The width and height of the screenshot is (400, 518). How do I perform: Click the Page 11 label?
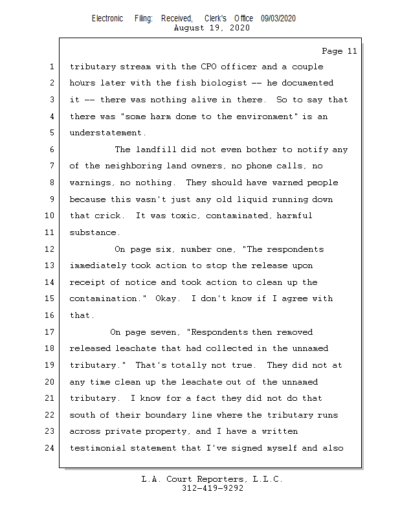[x=339, y=51]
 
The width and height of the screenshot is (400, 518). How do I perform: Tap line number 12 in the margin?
[x=51, y=249]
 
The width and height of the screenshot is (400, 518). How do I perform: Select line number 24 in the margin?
[x=51, y=448]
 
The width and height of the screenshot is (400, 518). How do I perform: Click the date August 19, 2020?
[x=212, y=28]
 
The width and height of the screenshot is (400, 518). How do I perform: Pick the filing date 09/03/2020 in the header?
[x=278, y=19]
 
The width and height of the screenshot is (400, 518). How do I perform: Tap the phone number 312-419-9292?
[x=212, y=488]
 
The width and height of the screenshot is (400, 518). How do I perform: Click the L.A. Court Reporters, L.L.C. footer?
[x=212, y=479]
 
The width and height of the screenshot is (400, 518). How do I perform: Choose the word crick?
[x=107, y=216]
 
